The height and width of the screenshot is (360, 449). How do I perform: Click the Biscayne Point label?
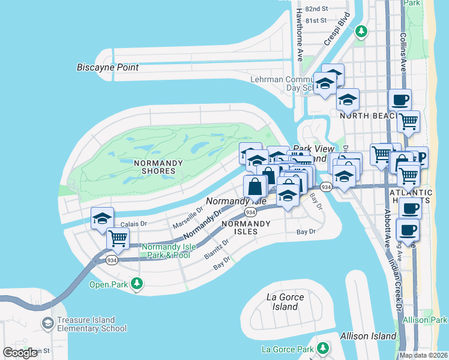(x=107, y=67)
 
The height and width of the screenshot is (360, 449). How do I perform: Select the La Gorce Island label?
(x=285, y=302)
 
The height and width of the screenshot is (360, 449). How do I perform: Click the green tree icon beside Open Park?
(x=137, y=283)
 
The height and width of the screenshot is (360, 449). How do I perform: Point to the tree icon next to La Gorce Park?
(x=323, y=347)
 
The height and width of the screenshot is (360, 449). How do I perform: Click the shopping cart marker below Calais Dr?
(x=118, y=238)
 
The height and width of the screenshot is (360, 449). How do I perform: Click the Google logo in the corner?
(x=20, y=353)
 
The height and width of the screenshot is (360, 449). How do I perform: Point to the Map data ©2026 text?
(x=423, y=355)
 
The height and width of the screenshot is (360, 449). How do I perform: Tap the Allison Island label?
(x=367, y=336)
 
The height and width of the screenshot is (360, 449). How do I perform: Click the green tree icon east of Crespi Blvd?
(x=361, y=31)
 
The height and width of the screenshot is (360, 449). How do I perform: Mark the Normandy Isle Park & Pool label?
(x=166, y=251)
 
